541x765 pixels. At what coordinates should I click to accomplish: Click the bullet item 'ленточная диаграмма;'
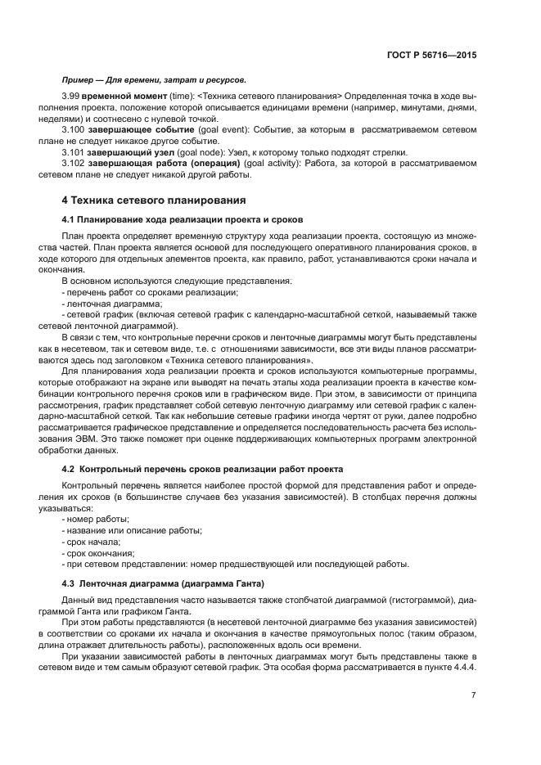102,303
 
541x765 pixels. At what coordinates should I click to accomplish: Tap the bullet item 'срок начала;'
94,542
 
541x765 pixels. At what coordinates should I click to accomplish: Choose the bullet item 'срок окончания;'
99,553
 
